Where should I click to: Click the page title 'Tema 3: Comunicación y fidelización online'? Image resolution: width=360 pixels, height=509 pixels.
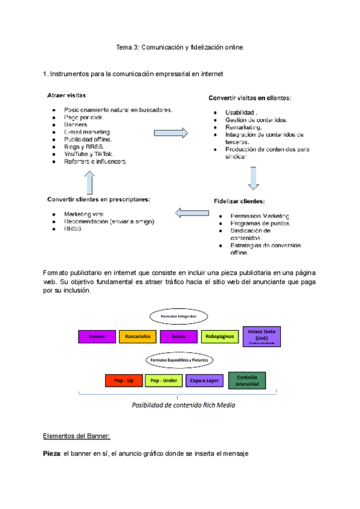pos(180,46)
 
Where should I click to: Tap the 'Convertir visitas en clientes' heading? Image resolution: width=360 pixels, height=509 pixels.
pos(250,97)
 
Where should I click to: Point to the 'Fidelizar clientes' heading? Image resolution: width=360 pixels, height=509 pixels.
pos(239,201)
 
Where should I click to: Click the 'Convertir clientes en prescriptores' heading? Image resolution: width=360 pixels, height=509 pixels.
pos(99,199)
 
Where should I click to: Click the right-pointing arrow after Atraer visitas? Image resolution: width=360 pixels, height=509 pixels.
pos(171,133)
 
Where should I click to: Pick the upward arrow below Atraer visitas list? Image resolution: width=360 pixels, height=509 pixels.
pos(89,180)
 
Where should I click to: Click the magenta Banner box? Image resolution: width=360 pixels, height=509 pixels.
pos(97,337)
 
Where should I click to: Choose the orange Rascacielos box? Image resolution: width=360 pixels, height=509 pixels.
pos(138,337)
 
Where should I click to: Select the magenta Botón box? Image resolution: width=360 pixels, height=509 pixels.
pos(179,337)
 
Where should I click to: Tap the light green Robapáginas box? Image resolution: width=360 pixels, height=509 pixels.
pos(220,337)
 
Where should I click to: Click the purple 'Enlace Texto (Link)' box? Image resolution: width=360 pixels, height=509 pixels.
pos(261,336)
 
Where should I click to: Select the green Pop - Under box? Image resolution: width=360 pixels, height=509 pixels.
pos(164,381)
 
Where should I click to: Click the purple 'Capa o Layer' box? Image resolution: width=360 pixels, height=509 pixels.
pos(205,381)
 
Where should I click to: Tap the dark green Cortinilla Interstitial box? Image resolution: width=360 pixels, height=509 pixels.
pos(247,380)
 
